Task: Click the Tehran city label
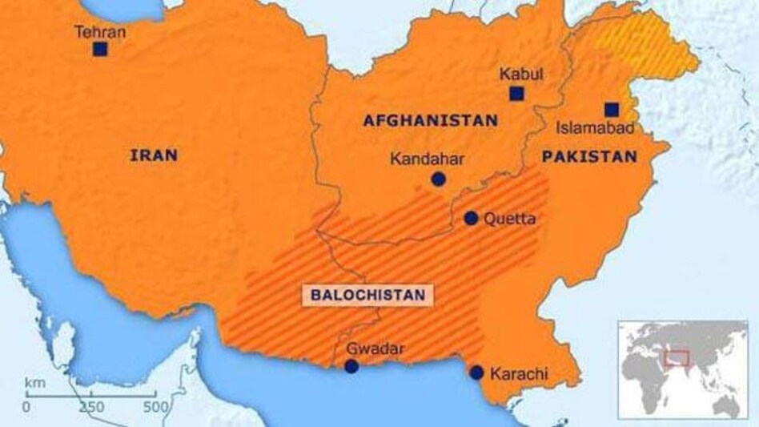click(x=99, y=32)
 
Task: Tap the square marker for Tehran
click(x=99, y=50)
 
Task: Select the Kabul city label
click(x=521, y=75)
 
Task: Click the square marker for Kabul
click(x=516, y=94)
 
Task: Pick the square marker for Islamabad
click(x=612, y=110)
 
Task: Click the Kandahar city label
click(x=427, y=159)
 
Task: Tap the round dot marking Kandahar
click(x=438, y=179)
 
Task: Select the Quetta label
click(x=510, y=219)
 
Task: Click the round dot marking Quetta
click(x=471, y=218)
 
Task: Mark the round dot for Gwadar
click(x=351, y=366)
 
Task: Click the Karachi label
click(x=519, y=373)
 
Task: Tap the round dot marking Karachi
click(x=476, y=373)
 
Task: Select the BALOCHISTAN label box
click(x=367, y=295)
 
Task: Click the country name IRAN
click(x=153, y=155)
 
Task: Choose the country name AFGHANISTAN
click(x=430, y=121)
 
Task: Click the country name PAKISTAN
click(x=589, y=157)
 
